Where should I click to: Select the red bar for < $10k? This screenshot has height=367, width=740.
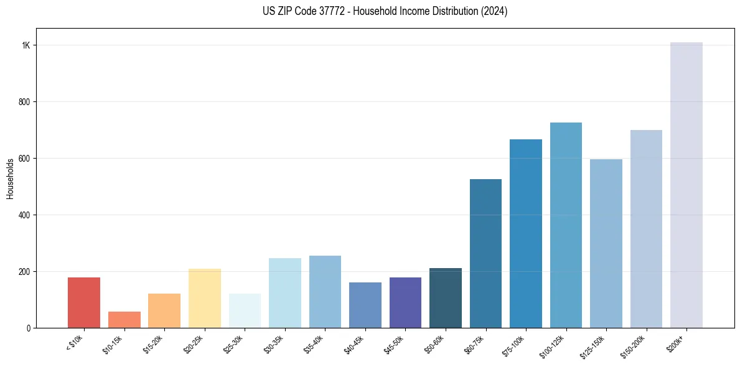tap(84, 302)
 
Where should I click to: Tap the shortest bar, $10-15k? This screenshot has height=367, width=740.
tap(124, 320)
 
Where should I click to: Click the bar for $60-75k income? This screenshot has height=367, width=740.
tap(485, 253)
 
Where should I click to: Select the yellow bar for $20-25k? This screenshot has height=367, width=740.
tap(205, 298)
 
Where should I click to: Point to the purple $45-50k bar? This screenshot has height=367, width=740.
tap(405, 302)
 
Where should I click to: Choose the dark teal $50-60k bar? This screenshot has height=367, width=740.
tap(446, 298)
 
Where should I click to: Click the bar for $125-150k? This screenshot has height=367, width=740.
tap(606, 243)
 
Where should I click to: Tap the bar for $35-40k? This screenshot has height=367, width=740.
tap(325, 292)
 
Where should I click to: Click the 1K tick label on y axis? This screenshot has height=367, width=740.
tap(26, 45)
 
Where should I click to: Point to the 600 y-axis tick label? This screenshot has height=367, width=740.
tap(25, 159)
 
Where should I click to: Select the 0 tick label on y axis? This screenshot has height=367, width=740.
tap(29, 328)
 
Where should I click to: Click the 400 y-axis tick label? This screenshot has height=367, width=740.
tap(25, 215)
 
